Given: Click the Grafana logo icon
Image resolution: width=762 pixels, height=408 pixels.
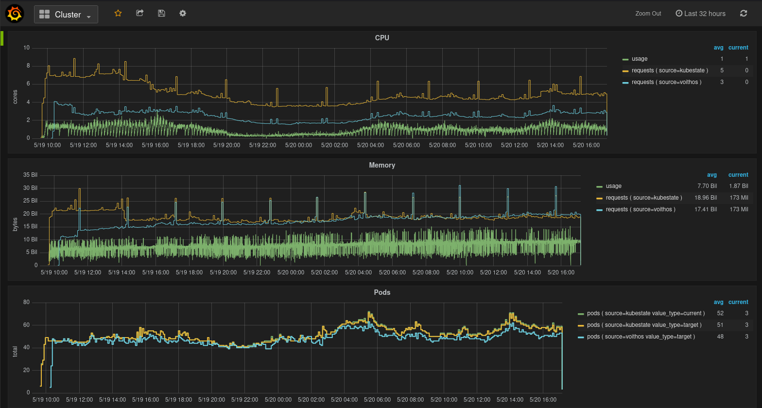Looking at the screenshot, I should click(15, 14).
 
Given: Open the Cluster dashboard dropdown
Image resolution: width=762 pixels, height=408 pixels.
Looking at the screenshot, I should click(66, 15).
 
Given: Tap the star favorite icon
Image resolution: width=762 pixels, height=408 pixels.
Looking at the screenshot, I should click(118, 14).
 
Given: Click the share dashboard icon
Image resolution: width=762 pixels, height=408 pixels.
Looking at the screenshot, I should click(140, 14).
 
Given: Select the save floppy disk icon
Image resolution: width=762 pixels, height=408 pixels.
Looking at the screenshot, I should click(161, 14).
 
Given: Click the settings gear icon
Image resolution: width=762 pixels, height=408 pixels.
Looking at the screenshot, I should click(183, 14).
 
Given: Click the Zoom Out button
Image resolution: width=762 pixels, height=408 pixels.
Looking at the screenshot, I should click(648, 14).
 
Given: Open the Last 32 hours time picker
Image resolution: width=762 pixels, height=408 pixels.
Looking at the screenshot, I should click(700, 14).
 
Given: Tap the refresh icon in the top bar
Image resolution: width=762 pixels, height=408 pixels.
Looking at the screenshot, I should click(743, 14).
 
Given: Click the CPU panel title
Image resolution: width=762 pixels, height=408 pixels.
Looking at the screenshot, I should click(382, 38).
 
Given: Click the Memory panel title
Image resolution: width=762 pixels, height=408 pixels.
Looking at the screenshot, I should click(382, 165).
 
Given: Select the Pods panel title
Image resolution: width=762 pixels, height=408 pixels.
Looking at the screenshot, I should click(382, 292).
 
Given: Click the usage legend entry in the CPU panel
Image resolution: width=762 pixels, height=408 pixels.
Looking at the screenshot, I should click(639, 59).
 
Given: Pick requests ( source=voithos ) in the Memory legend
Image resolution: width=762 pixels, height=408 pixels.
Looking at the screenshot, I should click(640, 209).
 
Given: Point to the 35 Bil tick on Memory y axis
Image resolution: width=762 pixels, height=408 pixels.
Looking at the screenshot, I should click(30, 175).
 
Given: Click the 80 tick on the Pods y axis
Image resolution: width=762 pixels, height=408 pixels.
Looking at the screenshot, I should click(26, 302).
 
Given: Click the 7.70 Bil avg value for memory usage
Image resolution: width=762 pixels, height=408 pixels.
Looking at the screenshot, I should click(707, 186).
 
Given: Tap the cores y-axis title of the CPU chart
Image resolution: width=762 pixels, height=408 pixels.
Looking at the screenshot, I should click(15, 97).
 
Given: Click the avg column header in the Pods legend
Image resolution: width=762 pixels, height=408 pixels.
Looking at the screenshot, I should click(718, 302).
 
